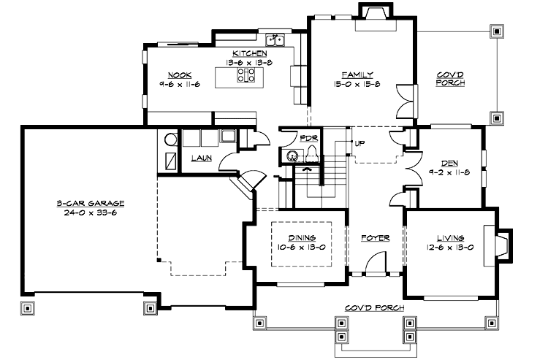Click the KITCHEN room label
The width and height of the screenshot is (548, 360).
point(248,53)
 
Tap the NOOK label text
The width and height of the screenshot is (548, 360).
point(179,74)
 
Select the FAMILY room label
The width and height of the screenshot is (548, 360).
point(358,74)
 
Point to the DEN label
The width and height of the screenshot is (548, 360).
point(449,163)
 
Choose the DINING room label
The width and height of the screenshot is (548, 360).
point(301,237)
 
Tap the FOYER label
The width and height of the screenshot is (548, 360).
point(376,238)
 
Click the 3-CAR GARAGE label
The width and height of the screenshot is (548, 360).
point(92,202)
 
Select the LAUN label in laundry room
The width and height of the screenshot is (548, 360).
point(202,158)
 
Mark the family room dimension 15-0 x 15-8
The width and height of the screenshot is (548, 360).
point(358,84)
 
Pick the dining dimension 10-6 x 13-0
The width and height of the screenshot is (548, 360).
point(301,247)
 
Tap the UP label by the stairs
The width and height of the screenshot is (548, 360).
point(359,142)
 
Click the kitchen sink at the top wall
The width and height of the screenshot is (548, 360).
point(275,40)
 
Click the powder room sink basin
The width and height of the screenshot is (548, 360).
point(292,155)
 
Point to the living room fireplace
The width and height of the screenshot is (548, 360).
point(503,244)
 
